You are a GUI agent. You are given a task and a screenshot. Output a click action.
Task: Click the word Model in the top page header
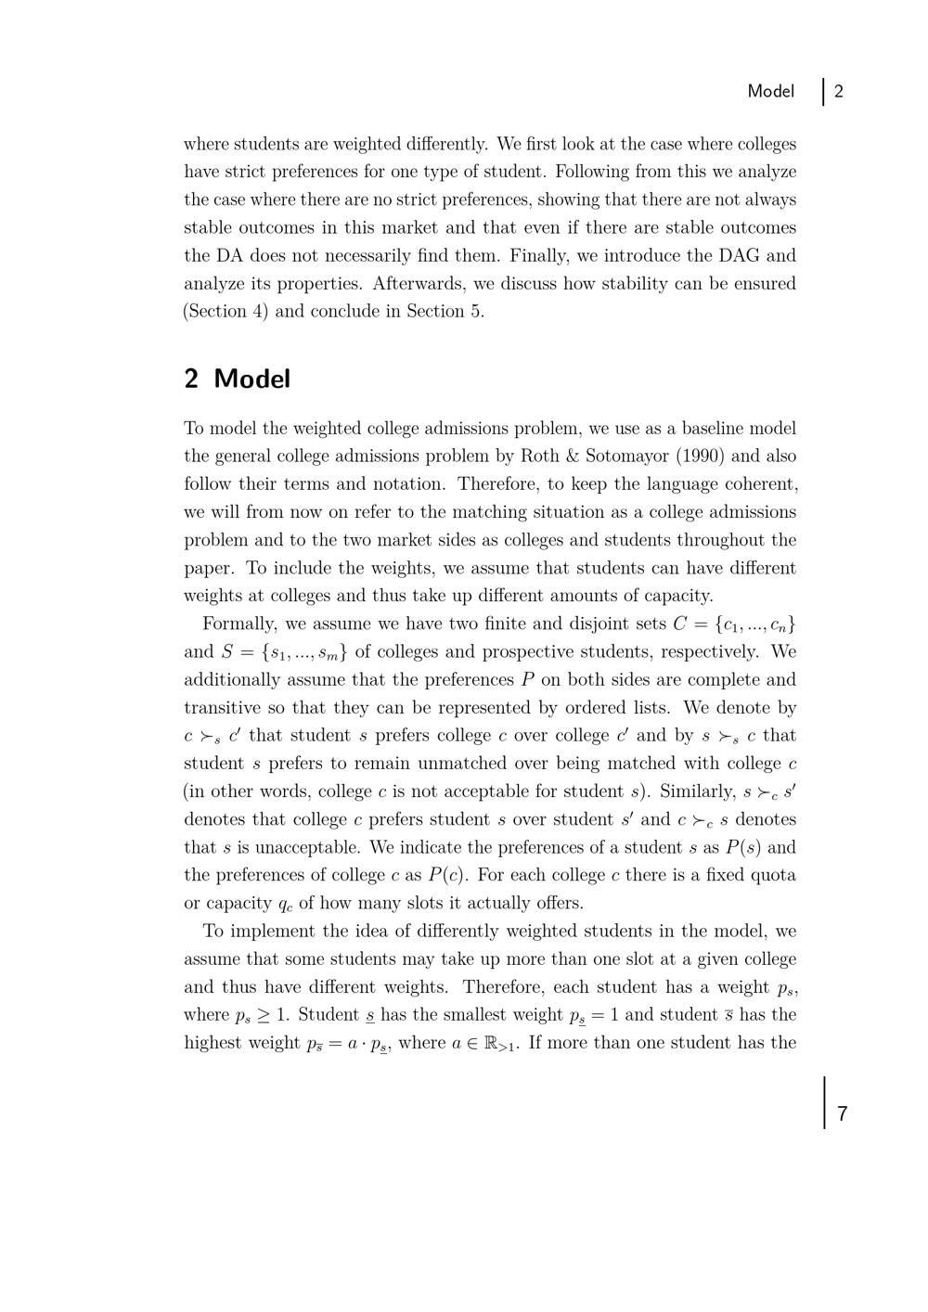(x=770, y=91)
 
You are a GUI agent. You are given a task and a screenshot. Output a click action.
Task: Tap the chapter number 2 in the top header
(x=839, y=91)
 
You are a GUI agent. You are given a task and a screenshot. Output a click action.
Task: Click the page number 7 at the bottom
(x=842, y=1113)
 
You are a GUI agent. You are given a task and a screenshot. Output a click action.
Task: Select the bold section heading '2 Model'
(x=238, y=379)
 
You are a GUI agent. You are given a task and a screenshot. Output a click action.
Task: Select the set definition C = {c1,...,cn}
(x=734, y=624)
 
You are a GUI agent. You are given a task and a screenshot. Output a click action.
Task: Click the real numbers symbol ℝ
(x=491, y=1043)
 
